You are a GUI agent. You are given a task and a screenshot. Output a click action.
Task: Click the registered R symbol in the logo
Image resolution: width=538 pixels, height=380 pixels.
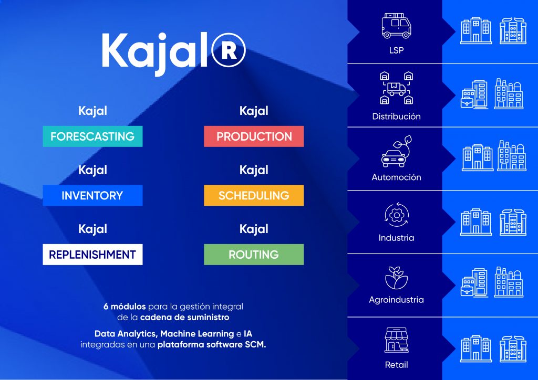[x=229, y=50]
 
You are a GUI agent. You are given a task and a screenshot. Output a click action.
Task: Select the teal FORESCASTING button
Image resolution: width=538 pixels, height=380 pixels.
[x=92, y=136]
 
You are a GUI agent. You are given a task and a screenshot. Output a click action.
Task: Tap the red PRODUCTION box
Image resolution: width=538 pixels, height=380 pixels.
[x=254, y=136]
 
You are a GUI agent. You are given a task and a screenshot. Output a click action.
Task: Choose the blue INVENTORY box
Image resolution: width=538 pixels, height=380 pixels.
[x=92, y=195]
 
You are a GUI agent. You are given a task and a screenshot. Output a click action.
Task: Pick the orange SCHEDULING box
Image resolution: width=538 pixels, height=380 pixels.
[x=254, y=195]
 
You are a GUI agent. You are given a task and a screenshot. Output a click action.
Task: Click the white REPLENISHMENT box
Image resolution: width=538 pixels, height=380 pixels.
[x=92, y=255]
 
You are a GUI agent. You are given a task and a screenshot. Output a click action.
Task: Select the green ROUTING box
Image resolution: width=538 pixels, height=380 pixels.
[x=254, y=255]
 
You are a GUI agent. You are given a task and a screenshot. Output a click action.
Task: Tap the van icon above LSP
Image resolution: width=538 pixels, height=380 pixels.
[x=396, y=26]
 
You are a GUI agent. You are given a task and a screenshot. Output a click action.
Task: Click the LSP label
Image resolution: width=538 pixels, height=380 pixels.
[x=396, y=50]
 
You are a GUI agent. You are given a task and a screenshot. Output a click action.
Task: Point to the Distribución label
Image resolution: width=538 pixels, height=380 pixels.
[x=396, y=117]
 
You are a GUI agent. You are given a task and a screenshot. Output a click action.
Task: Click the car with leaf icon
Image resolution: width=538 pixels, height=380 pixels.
[x=396, y=151]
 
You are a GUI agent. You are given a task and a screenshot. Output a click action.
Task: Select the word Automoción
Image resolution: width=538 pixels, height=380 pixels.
[x=396, y=177]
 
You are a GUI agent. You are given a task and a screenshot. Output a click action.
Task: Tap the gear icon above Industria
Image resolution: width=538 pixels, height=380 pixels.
[x=397, y=215]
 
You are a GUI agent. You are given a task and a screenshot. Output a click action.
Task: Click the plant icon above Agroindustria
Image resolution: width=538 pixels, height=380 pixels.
[x=396, y=278]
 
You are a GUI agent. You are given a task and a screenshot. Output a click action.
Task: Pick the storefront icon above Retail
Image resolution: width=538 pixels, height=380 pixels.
[x=396, y=340]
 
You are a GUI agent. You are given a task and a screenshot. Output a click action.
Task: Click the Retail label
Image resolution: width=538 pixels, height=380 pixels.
[x=396, y=365]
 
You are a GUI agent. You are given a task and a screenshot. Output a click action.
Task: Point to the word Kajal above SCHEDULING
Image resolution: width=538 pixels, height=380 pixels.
[x=254, y=170]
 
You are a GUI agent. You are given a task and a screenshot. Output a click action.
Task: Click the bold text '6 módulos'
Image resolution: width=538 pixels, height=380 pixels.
[x=125, y=307]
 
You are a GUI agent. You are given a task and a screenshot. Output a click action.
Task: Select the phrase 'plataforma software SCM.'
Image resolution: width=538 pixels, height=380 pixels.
[x=212, y=344]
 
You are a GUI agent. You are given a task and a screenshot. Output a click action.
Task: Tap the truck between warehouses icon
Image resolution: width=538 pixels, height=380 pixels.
[x=396, y=88]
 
